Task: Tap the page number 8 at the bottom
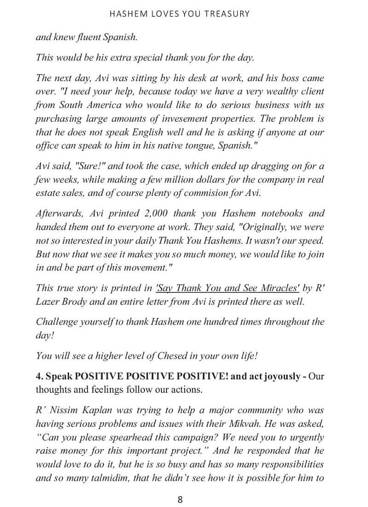click(180, 499)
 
